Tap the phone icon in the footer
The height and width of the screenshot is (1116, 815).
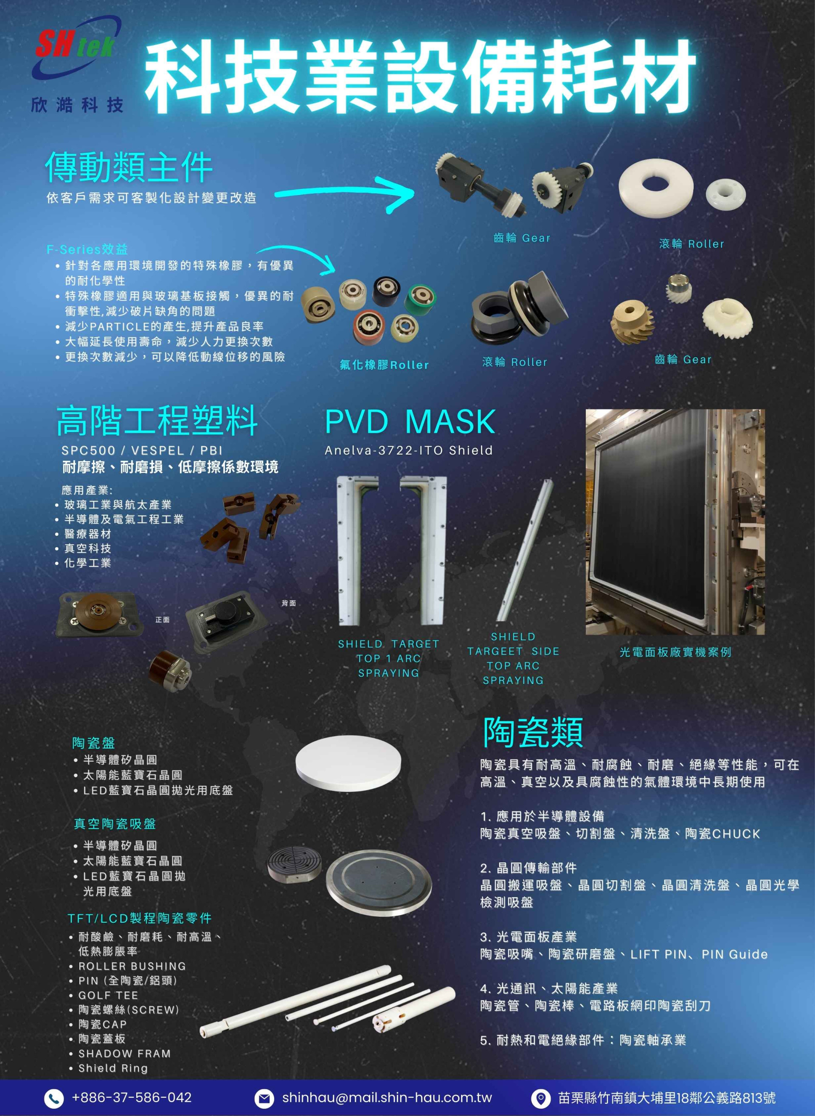pos(54,1098)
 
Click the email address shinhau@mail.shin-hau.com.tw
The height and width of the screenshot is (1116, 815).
pos(387,1097)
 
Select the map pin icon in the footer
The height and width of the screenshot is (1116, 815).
pos(540,1098)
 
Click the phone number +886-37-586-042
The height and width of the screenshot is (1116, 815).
pos(131,1097)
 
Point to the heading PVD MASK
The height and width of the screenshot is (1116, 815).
pos(410,422)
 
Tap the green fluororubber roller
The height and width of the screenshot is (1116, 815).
pos(420,299)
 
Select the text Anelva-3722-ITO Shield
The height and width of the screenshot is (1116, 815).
pos(408,450)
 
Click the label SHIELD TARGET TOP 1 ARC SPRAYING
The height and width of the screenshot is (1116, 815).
pos(388,658)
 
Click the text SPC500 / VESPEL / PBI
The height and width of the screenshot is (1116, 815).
pos(142,450)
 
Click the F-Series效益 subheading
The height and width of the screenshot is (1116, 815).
pos(87,249)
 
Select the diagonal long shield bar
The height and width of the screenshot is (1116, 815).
pos(525,550)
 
